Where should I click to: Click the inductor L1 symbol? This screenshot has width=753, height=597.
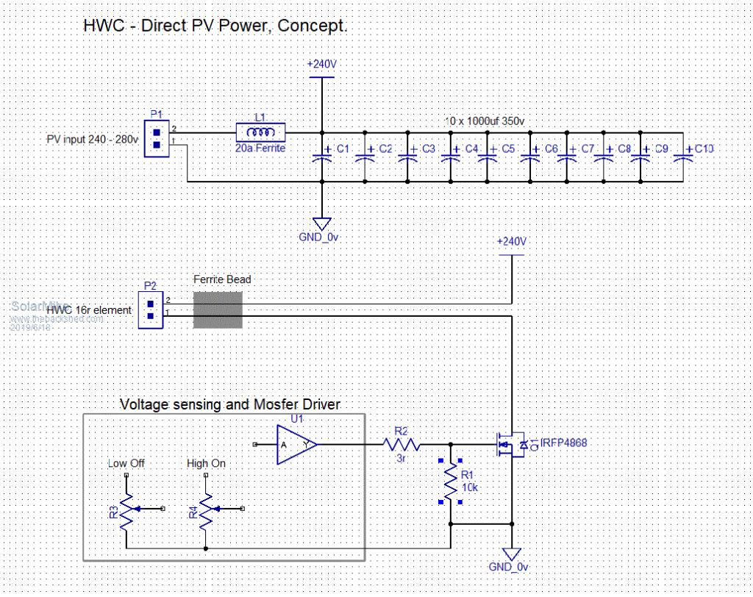pos(260,132)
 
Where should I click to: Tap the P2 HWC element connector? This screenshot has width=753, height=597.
pos(151,310)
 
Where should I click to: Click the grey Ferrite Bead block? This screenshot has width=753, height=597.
pos(218,310)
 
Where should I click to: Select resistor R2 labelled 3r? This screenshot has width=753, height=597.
pos(401,445)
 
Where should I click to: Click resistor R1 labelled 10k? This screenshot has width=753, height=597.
pos(449,482)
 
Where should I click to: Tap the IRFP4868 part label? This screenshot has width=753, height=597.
pos(564,443)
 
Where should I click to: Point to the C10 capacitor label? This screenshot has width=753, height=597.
pos(704,148)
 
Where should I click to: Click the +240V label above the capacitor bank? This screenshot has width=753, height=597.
pos(321,64)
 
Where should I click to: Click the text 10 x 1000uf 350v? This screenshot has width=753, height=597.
pos(489,120)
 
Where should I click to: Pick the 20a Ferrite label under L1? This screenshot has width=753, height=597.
pos(260,148)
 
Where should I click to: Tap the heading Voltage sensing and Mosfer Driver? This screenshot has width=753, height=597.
pos(229,404)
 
